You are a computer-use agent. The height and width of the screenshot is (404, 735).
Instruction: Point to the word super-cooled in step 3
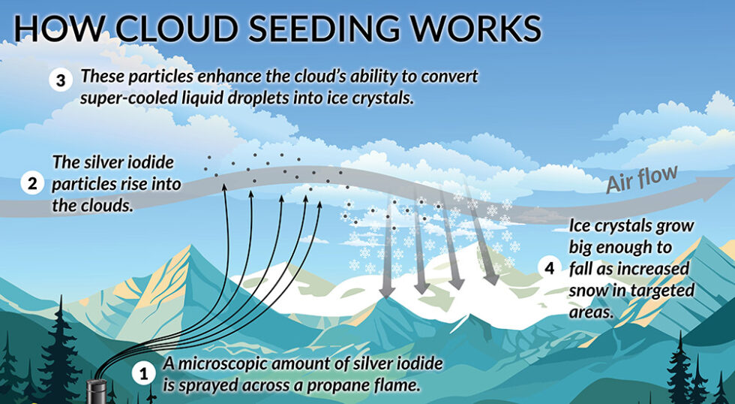coord(122,98)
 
